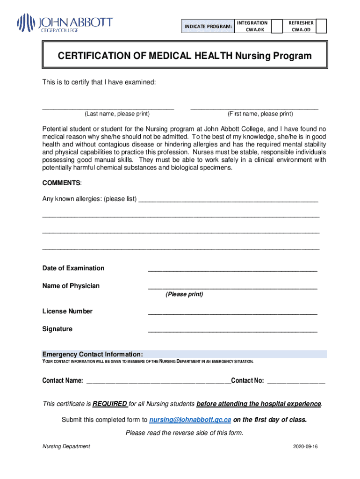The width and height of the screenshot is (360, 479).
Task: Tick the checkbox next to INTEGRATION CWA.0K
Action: click(277, 26)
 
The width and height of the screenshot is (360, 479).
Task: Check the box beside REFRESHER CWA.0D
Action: click(321, 26)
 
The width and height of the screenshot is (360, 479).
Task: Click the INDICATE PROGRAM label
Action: click(208, 27)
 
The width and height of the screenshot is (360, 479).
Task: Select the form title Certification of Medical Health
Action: click(184, 56)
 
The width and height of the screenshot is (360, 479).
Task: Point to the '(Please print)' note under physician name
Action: click(184, 295)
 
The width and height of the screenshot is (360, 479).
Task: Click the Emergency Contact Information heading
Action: click(93, 354)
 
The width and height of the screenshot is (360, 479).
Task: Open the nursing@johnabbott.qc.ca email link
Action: click(190, 420)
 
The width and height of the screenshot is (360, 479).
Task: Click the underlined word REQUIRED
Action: click(110, 404)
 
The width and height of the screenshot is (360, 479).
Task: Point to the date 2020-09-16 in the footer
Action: click(305, 447)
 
